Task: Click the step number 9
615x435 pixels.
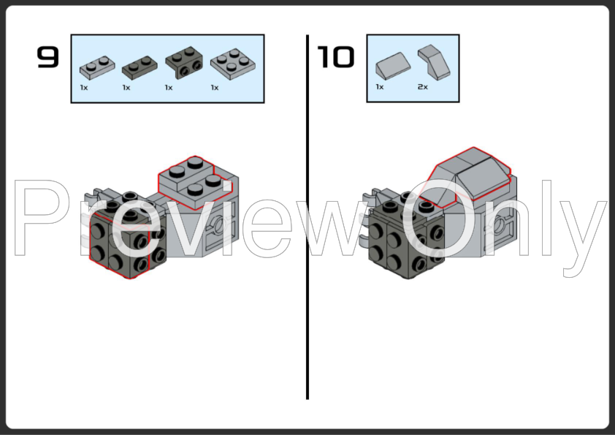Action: click(47, 57)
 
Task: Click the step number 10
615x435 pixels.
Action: click(335, 57)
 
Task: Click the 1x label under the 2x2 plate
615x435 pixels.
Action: click(215, 88)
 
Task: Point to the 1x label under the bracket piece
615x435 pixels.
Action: click(169, 88)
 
